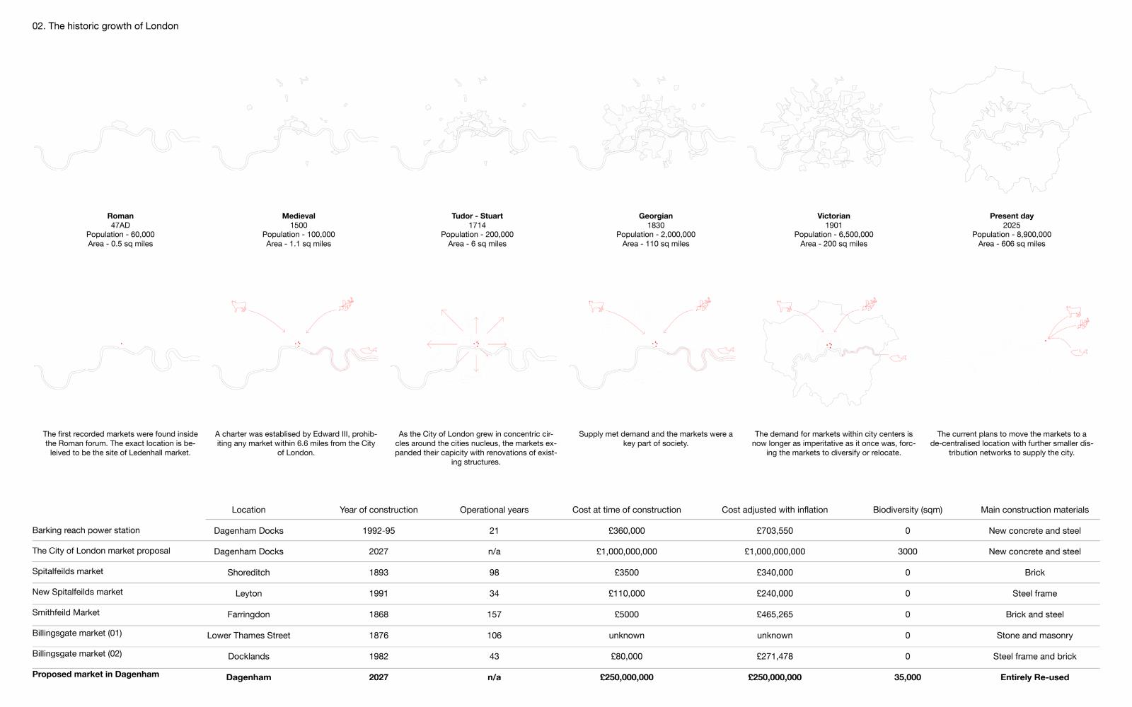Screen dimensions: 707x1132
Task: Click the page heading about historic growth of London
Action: click(105, 26)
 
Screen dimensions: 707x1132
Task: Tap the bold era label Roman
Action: click(120, 216)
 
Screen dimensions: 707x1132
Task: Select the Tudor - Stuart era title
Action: click(477, 216)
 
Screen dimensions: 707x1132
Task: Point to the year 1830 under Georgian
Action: click(655, 226)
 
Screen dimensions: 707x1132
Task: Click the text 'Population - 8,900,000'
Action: click(1011, 235)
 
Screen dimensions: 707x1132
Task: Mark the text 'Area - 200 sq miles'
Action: click(833, 244)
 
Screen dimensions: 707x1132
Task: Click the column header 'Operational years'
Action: click(494, 510)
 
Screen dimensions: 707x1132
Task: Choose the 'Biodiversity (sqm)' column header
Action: click(907, 510)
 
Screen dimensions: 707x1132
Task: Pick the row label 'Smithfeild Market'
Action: click(66, 612)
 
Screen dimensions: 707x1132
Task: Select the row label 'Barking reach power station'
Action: click(86, 530)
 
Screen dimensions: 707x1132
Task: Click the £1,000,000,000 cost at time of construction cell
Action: click(626, 551)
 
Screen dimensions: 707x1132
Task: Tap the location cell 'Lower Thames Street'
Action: click(248, 636)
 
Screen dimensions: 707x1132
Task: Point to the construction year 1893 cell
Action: click(379, 573)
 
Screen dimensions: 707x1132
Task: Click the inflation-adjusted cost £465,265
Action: click(775, 615)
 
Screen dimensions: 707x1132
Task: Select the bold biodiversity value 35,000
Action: click(907, 677)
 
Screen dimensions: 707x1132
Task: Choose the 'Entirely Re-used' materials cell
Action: click(1034, 677)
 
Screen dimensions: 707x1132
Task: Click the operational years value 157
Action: click(494, 615)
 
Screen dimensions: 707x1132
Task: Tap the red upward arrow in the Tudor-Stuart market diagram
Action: click(476, 325)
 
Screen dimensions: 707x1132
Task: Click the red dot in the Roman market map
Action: click(121, 344)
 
